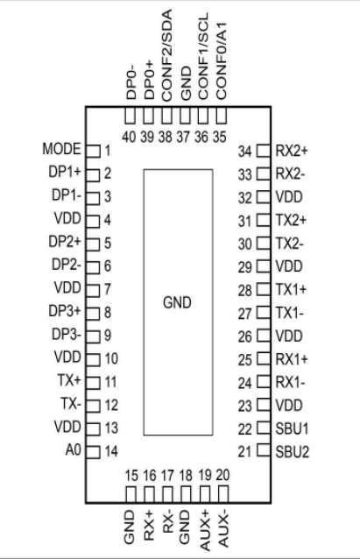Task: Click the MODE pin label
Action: point(61,149)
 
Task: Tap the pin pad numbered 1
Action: point(94,152)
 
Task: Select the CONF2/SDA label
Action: point(166,55)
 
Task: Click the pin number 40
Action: point(129,137)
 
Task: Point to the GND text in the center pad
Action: point(177,302)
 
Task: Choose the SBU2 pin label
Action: point(292,452)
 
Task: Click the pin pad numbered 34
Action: point(264,151)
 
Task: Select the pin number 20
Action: point(222,475)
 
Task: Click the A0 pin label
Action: point(73,449)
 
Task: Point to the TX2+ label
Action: point(291,220)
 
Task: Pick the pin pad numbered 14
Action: point(94,452)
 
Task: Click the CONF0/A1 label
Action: point(222,61)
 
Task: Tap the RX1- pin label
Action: point(291,383)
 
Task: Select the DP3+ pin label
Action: point(65,311)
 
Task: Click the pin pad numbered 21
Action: point(264,449)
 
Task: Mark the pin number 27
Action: point(245,314)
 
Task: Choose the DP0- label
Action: point(131,81)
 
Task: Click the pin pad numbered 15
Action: point(131,494)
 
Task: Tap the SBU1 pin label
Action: point(292,428)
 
